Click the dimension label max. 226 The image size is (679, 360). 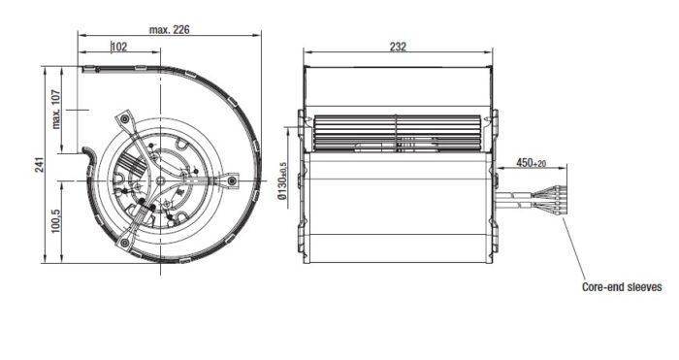[170, 30]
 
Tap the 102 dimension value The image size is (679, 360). [119, 47]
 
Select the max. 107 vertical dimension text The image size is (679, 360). [56, 110]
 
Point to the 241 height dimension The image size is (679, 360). [40, 165]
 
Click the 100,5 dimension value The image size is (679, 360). [56, 221]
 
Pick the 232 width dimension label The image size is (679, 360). [398, 47]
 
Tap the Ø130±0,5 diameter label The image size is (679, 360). [283, 180]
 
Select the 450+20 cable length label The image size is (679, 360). [531, 163]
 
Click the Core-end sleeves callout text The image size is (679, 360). [622, 287]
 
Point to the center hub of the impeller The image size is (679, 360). [160, 180]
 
